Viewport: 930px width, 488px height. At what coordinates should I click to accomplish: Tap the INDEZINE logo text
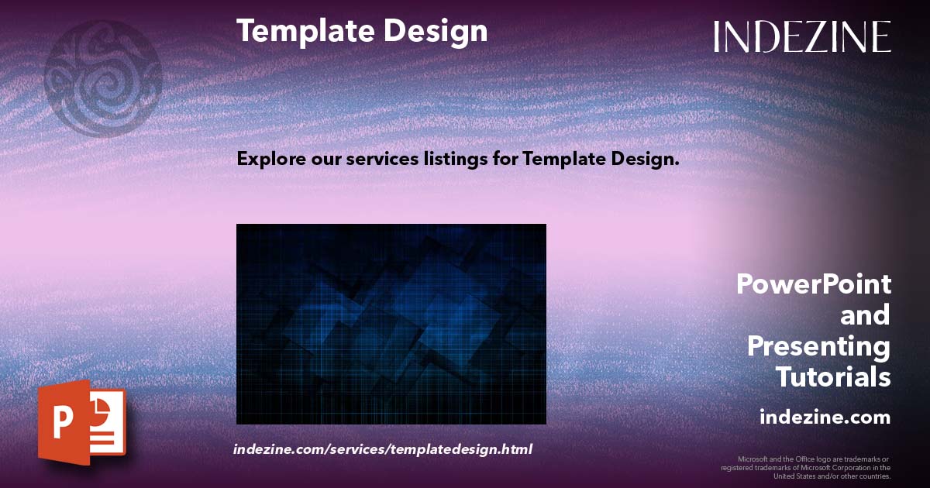(802, 37)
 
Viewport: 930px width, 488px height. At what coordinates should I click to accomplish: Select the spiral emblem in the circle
(103, 78)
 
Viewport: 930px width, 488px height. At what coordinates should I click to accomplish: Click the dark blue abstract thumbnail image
(391, 324)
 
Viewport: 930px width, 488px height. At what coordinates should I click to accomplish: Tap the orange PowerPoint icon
(81, 421)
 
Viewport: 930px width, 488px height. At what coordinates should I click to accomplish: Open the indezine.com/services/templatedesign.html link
(383, 449)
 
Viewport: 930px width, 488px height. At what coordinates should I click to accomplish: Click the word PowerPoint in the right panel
(813, 285)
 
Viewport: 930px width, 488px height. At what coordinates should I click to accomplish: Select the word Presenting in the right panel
(818, 346)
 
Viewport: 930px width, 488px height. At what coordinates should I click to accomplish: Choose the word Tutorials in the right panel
(833, 377)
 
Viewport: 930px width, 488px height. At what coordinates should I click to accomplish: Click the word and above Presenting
(865, 315)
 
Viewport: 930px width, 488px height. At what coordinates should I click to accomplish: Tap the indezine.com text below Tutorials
(825, 418)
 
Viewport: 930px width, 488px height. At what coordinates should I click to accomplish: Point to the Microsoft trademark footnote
(806, 467)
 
